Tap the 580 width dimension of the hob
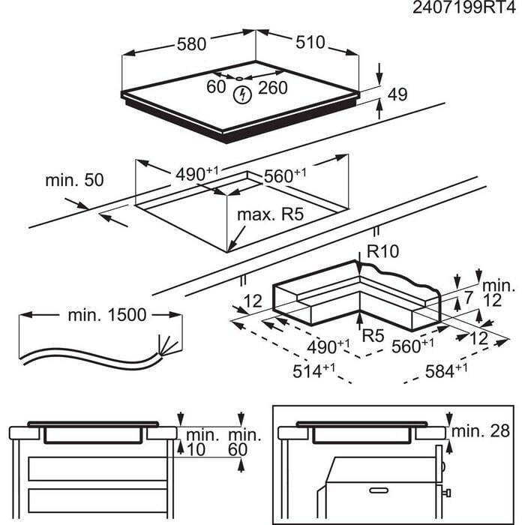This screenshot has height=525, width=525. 191,44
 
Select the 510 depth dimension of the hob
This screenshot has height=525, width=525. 309,43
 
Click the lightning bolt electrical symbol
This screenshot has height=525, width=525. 241,94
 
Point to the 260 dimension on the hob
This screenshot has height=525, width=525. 273,88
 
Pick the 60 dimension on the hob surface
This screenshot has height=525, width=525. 216,87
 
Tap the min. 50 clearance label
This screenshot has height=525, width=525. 74,180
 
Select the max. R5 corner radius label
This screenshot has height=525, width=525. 270,215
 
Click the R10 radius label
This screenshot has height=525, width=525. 382,251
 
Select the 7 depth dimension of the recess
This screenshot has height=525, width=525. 469,298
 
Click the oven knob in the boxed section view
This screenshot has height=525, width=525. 445,493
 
